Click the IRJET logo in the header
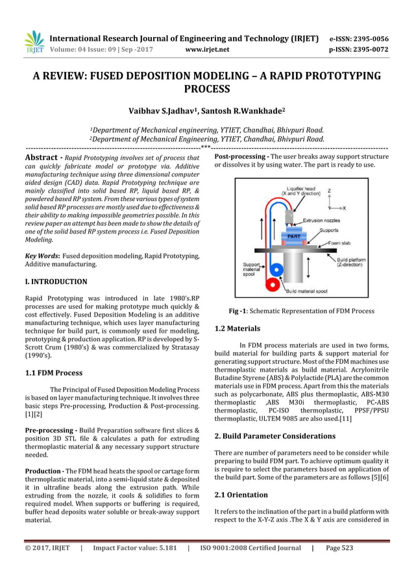(x=34, y=42)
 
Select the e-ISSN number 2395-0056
(x=366, y=38)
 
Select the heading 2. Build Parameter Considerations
(x=274, y=436)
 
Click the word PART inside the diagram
(x=293, y=237)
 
